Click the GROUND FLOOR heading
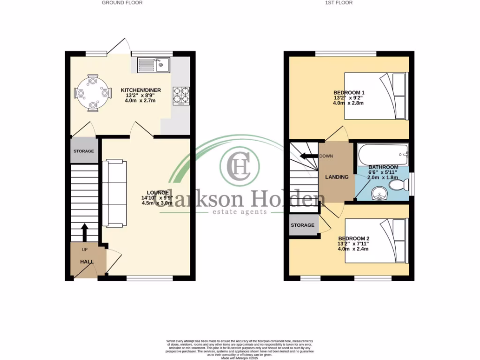coord(122,3)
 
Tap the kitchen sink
coord(153,65)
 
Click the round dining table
coord(93,93)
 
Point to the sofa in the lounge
coord(114,193)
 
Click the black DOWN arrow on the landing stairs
coord(307,156)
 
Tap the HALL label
coord(86,262)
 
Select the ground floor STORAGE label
coord(84,151)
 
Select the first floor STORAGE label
coord(302,225)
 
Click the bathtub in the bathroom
coord(382,153)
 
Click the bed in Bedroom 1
coord(375,96)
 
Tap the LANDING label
coord(337,177)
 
